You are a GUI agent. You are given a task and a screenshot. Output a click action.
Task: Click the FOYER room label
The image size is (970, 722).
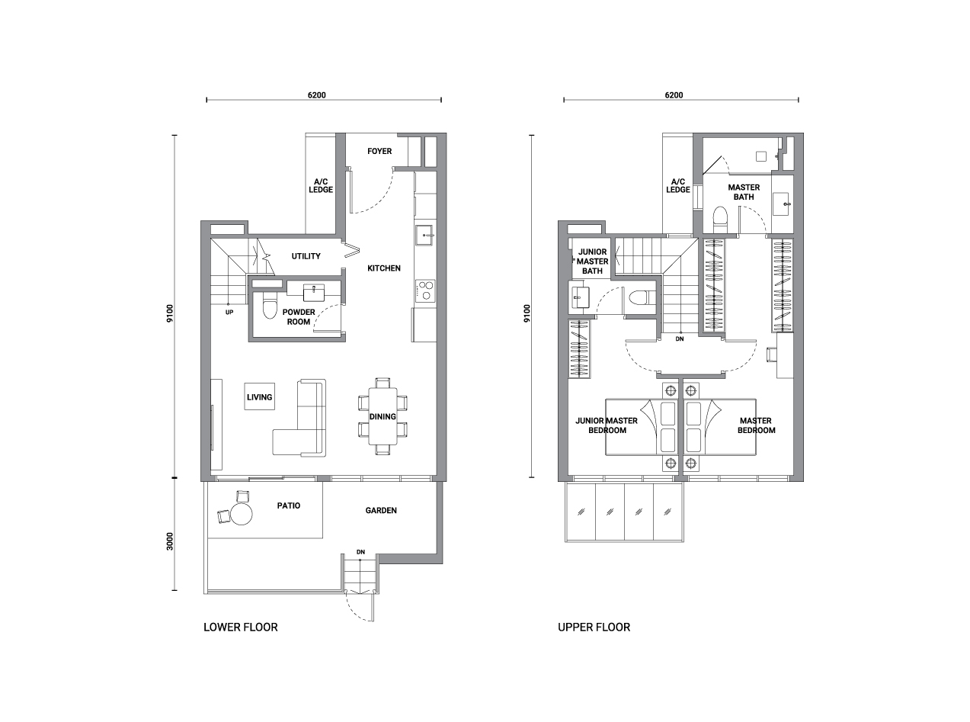tap(379, 152)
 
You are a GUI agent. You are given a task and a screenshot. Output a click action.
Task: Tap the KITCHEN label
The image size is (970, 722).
tap(383, 268)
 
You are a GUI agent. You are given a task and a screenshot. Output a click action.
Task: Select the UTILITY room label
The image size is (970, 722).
tap(306, 256)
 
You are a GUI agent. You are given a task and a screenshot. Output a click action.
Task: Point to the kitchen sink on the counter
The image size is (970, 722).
tap(424, 236)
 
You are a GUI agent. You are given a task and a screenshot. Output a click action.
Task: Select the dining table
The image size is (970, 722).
tap(383, 416)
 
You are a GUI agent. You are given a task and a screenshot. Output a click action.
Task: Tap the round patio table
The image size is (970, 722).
tap(242, 514)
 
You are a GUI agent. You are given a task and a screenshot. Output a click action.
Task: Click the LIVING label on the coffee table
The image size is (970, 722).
tap(259, 397)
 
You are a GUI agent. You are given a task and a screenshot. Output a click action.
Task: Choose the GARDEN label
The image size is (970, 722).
tap(381, 511)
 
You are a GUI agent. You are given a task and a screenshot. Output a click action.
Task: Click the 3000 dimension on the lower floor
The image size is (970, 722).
tap(170, 541)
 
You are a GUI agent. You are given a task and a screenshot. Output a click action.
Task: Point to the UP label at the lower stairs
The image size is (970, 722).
tap(229, 313)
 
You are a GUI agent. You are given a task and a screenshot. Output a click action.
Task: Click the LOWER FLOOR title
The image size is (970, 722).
tap(241, 627)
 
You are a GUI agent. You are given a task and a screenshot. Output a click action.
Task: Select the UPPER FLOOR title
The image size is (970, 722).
tap(594, 627)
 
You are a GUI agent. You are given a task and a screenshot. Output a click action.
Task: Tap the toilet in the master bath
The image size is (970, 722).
tap(719, 220)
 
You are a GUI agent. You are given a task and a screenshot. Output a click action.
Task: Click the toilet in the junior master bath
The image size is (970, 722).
tap(641, 298)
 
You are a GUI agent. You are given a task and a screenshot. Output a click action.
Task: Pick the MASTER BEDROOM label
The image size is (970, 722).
tap(756, 425)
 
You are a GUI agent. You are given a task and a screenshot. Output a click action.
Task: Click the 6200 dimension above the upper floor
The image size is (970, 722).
tap(674, 95)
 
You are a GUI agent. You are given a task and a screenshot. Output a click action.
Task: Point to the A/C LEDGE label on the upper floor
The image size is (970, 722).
tap(678, 185)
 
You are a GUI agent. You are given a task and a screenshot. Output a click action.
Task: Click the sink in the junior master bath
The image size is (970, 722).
tap(580, 297)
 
